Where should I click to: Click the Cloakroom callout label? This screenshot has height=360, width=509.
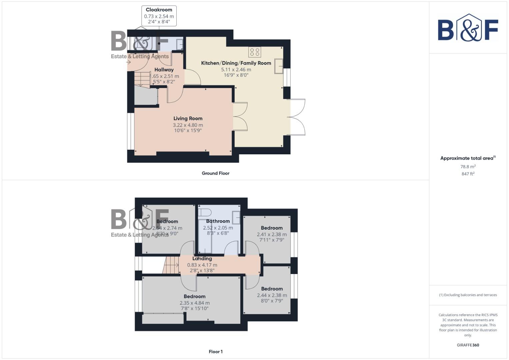tap(159, 10)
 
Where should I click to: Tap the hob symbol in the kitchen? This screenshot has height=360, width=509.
tap(255, 52)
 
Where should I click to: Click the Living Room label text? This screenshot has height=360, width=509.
tap(188, 119)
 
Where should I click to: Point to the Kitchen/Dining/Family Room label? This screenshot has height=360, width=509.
tap(236, 63)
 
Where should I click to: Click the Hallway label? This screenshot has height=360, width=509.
tap(164, 70)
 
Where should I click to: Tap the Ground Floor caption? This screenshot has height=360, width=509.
tap(215, 173)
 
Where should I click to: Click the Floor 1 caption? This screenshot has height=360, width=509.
tap(215, 352)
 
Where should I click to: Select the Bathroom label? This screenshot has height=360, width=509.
tap(218, 221)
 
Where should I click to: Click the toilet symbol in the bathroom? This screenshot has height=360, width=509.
tap(204, 212)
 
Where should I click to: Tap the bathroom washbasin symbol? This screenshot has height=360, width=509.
tap(236, 218)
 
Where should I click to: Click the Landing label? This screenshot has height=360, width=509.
tap(202, 259)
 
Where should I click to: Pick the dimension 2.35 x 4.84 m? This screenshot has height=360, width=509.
tap(195, 303)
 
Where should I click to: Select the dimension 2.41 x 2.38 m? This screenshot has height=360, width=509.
tap(272, 234)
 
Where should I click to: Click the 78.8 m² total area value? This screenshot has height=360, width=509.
tap(468, 167)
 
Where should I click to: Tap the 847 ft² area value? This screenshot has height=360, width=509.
tap(468, 174)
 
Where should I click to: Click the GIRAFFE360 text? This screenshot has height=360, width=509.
tap(468, 345)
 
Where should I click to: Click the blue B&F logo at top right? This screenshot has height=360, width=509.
tap(468, 28)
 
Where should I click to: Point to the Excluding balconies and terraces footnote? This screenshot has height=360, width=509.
tap(468, 295)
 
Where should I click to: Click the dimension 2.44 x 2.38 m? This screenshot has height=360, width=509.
tap(272, 295)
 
